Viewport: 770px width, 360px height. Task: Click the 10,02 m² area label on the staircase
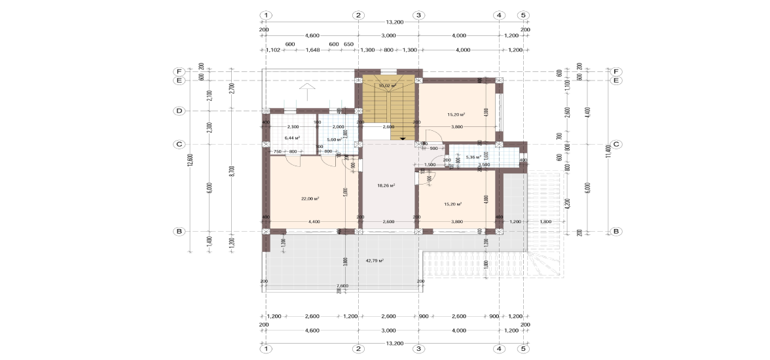(388, 85)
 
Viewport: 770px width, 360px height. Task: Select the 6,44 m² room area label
(292, 138)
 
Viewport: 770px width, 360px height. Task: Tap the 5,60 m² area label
(335, 139)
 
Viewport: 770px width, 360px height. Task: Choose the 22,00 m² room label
(310, 198)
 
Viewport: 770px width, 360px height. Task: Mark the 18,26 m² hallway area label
(386, 185)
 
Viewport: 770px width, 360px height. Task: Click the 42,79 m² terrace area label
(375, 261)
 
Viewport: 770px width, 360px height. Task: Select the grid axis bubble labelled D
(178, 111)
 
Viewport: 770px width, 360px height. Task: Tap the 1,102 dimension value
(273, 50)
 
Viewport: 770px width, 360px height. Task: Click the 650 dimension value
(348, 44)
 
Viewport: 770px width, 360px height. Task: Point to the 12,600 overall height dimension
(190, 160)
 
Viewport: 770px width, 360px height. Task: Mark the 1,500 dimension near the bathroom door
(430, 165)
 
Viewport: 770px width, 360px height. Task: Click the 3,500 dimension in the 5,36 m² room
(484, 165)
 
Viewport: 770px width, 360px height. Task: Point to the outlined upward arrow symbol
(306, 88)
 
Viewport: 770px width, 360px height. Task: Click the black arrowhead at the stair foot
(402, 139)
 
